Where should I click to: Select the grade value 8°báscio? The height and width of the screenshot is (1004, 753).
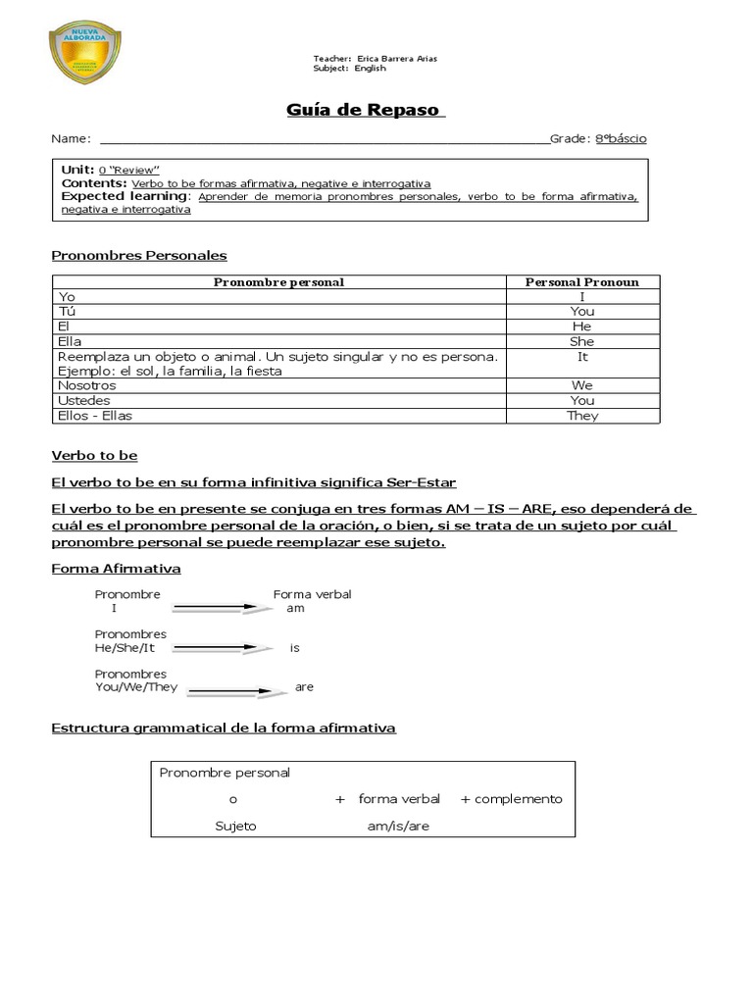click(x=621, y=138)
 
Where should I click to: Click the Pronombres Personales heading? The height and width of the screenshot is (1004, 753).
click(x=138, y=255)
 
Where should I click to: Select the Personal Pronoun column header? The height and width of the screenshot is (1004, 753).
click(x=581, y=282)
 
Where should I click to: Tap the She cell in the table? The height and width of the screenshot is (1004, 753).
click(x=581, y=341)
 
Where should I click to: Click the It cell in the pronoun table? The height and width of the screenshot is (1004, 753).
click(x=582, y=357)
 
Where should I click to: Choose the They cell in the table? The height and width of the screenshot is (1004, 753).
click(x=582, y=416)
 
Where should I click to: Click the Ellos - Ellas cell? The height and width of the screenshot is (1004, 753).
click(x=95, y=416)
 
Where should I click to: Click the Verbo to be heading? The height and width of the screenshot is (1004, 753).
click(x=94, y=456)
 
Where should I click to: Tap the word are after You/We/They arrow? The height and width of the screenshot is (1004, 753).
click(x=304, y=687)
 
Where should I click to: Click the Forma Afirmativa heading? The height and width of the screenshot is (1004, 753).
click(x=116, y=569)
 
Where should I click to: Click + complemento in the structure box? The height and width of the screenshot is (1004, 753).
click(x=511, y=799)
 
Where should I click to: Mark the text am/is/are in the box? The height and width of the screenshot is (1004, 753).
click(x=398, y=826)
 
